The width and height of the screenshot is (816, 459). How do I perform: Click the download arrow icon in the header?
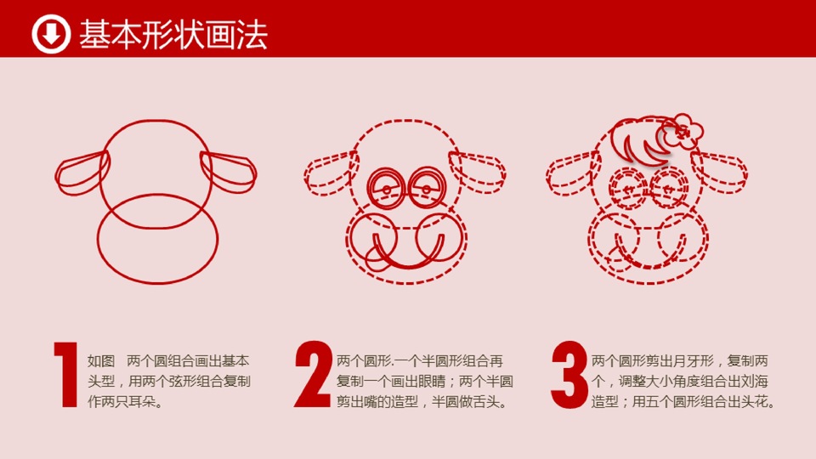(50, 34)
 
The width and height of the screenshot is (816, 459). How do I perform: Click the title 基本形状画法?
(173, 35)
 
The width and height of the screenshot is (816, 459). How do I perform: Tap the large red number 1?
(66, 374)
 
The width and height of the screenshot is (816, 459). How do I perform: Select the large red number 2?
(313, 374)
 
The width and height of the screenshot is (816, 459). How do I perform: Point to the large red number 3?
(569, 374)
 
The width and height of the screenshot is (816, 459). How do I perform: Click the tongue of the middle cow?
(377, 258)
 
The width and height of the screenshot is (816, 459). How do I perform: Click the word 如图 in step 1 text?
(100, 361)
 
